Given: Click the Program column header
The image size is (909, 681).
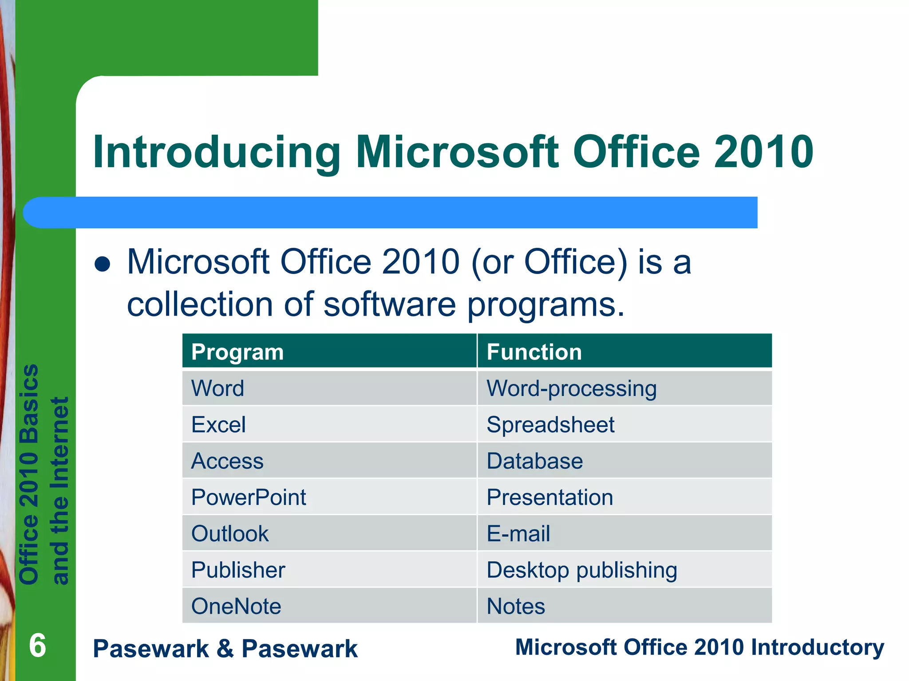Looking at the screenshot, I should click(237, 352).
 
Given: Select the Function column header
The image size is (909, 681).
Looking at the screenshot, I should click(534, 352).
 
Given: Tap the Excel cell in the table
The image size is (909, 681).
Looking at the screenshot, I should click(218, 425).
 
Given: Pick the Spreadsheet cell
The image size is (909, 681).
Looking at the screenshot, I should click(550, 425).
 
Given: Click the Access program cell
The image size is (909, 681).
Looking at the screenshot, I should click(227, 461).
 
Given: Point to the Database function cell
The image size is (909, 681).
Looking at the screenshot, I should click(534, 461).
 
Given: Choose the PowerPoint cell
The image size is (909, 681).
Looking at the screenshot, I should click(249, 497).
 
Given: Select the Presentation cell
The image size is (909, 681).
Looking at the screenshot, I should click(549, 497).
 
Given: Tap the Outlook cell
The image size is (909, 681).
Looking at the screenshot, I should click(230, 534).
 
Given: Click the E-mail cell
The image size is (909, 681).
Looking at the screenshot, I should click(518, 534).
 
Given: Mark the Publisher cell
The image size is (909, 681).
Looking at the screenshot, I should click(238, 570).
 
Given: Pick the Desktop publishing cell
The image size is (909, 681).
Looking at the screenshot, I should click(581, 570).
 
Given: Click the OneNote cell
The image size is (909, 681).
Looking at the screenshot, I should click(236, 607).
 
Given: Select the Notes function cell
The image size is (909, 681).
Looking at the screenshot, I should click(516, 607).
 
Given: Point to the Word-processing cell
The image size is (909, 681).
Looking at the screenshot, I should click(571, 388).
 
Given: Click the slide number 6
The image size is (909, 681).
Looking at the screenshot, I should click(37, 646).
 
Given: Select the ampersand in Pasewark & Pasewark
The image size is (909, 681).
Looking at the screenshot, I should click(225, 649).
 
